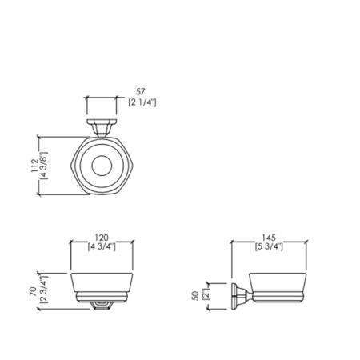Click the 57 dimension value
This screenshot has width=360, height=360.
click(x=140, y=92)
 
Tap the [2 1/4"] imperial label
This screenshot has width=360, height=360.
click(x=142, y=102)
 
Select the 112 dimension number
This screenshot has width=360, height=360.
click(x=35, y=166)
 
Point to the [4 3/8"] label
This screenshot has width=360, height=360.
click(x=44, y=166)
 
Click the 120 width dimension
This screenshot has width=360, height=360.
click(x=102, y=238)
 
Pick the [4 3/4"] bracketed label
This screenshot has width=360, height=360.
click(x=102, y=246)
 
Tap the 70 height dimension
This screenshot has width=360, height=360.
click(x=34, y=291)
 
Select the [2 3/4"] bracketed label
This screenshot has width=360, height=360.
click(x=43, y=290)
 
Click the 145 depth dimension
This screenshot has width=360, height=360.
click(x=269, y=238)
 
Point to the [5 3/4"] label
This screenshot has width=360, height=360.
click(x=269, y=246)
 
